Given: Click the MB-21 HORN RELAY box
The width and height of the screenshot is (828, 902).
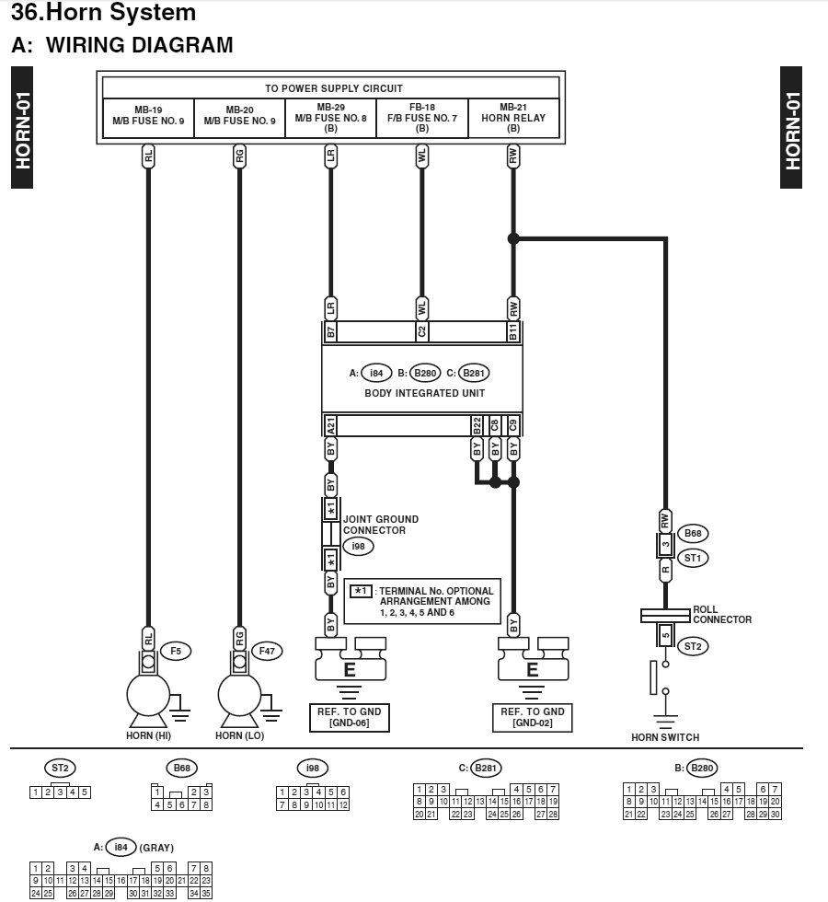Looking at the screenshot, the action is pyautogui.click(x=513, y=118).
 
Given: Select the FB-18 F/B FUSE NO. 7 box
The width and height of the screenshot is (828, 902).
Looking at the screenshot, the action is pyautogui.click(x=422, y=118).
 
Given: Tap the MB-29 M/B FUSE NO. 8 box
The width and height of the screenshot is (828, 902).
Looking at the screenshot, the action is pyautogui.click(x=330, y=118).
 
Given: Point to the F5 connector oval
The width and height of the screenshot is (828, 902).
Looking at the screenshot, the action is pyautogui.click(x=176, y=652).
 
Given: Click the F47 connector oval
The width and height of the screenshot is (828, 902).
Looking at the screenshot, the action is pyautogui.click(x=267, y=652).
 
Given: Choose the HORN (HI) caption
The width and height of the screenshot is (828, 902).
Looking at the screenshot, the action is pyautogui.click(x=148, y=735).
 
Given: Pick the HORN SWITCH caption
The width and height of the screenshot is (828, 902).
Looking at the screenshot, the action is pyautogui.click(x=665, y=737).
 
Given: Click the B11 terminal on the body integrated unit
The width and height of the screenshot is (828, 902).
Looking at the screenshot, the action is pyautogui.click(x=513, y=331).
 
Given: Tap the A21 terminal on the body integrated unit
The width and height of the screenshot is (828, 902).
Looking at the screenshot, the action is pyautogui.click(x=330, y=426).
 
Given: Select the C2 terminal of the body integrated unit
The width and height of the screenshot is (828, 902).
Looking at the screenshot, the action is pyautogui.click(x=422, y=331).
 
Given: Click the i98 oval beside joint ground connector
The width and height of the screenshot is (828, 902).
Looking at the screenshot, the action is pyautogui.click(x=358, y=546).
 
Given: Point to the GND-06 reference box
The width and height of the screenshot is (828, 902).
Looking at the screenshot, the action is pyautogui.click(x=350, y=717).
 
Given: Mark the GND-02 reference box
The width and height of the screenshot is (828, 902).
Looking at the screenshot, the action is pyautogui.click(x=533, y=717).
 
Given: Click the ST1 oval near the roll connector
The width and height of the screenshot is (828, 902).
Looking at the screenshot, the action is pyautogui.click(x=693, y=558).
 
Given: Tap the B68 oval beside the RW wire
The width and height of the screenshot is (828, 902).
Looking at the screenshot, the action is pyautogui.click(x=693, y=533).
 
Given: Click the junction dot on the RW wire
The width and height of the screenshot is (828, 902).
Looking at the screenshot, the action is pyautogui.click(x=513, y=238).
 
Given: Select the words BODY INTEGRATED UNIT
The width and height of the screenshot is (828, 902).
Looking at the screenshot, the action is pyautogui.click(x=425, y=394).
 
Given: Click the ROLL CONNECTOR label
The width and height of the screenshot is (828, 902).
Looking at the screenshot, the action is pyautogui.click(x=722, y=615).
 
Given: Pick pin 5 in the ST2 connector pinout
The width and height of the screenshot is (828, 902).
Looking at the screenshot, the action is pyautogui.click(x=85, y=792).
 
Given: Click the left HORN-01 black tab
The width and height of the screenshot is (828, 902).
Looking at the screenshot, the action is pyautogui.click(x=22, y=128).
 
